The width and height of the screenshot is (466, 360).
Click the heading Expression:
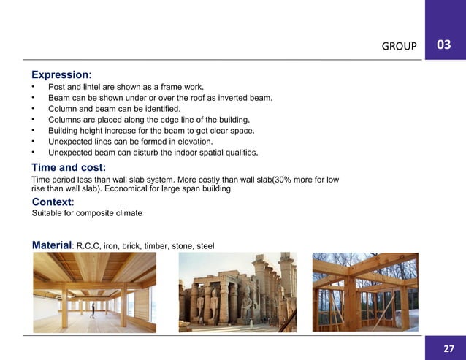[61, 74]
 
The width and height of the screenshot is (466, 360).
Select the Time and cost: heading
[68, 167]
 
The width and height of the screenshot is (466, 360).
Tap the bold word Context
[53, 201]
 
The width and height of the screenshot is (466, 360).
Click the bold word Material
[52, 245]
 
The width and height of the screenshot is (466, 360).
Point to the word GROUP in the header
[400, 47]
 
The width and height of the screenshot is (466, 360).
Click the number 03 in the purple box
[443, 45]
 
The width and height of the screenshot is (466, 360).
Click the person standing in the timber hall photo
[93, 309]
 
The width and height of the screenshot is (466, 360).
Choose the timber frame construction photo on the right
[365, 292]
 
